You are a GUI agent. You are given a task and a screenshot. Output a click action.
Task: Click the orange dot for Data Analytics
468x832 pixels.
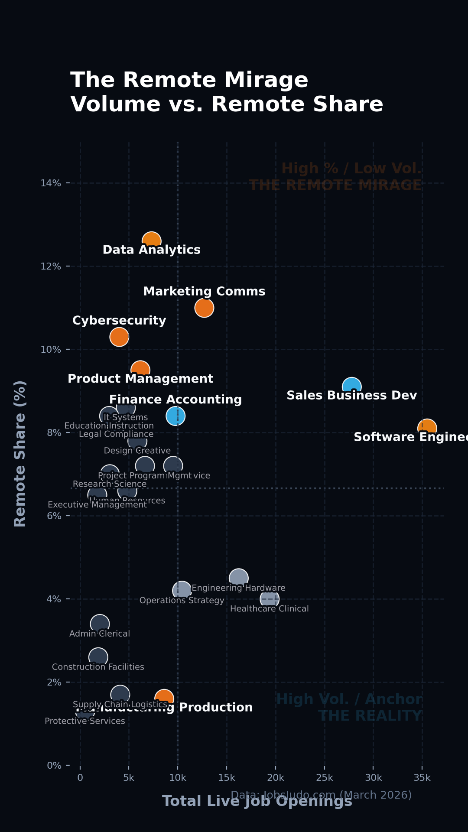152,240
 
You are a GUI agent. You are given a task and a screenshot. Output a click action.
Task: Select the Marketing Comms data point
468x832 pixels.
204,308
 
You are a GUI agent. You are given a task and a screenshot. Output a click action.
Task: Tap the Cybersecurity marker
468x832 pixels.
119,337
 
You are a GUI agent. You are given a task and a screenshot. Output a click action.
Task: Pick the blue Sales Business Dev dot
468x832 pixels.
352,386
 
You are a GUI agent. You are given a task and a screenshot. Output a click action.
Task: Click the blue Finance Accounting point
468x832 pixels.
175,416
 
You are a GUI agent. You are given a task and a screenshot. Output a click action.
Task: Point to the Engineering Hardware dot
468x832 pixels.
238,578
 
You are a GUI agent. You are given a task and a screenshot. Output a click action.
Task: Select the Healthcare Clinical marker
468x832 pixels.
270,599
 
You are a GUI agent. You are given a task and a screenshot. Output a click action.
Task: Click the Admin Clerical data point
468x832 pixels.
100,624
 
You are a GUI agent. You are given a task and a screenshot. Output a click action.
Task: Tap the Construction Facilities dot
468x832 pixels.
98,657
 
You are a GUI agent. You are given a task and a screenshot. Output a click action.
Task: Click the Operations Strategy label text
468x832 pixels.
182,601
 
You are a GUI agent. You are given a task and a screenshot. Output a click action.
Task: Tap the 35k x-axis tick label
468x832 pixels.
422,777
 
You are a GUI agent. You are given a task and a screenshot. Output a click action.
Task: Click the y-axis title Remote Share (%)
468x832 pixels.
20,453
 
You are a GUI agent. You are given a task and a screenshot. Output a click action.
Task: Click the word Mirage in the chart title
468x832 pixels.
266,80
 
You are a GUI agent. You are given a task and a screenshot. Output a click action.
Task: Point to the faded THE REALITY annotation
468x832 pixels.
370,716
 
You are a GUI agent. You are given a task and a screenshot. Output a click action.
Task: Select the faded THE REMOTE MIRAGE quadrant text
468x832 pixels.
335,185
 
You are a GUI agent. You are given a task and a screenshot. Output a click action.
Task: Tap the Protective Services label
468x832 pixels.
85,721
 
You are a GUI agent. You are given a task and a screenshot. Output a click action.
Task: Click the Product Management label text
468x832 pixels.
140,379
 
